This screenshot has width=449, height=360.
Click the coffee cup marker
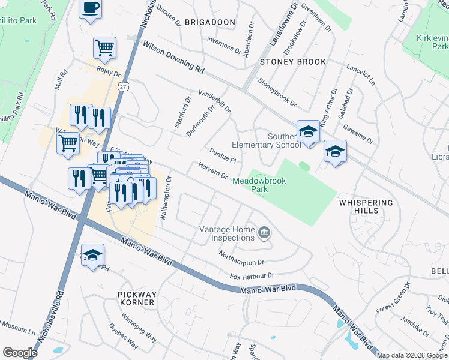point(90,8)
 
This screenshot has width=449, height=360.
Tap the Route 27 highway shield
point(122,87)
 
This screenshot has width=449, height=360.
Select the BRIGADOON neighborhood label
point(209,22)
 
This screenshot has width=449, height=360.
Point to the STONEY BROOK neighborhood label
point(293,62)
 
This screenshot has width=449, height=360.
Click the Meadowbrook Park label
point(259,184)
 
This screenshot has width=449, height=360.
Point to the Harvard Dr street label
point(213,170)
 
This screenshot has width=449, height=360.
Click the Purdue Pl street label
point(222,155)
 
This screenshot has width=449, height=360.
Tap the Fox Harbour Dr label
point(252,276)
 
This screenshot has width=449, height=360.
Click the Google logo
point(20,353)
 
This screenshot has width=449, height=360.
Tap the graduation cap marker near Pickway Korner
point(92,255)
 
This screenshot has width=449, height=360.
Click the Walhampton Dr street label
point(167,199)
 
